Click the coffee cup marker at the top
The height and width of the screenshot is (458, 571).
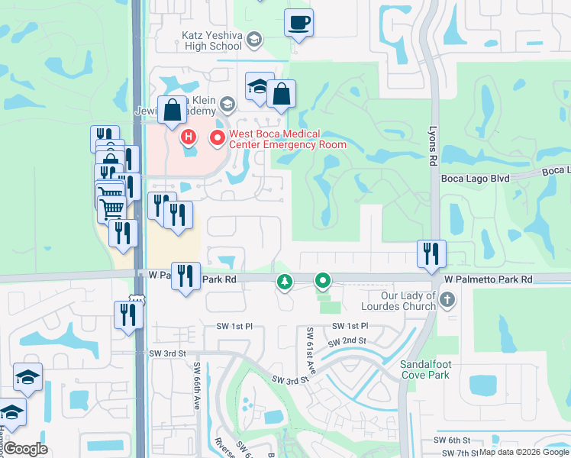pyautogui.click(x=298, y=22)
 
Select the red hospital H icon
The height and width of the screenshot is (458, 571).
pyautogui.click(x=189, y=138)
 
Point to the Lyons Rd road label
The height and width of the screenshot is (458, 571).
pyautogui.click(x=433, y=146)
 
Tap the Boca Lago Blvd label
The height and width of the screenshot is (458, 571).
pyautogui.click(x=476, y=178)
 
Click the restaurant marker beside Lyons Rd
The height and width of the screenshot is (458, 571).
pyautogui.click(x=431, y=254)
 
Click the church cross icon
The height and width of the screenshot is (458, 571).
pyautogui.click(x=448, y=300)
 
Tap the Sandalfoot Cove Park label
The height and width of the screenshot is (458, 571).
pyautogui.click(x=424, y=369)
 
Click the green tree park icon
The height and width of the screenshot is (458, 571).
pyautogui.click(x=285, y=282)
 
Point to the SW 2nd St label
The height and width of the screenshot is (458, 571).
pyautogui.click(x=349, y=341)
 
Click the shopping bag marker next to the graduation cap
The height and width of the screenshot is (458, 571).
pyautogui.click(x=281, y=95)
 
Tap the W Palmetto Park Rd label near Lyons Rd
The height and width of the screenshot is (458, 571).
pyautogui.click(x=488, y=280)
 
